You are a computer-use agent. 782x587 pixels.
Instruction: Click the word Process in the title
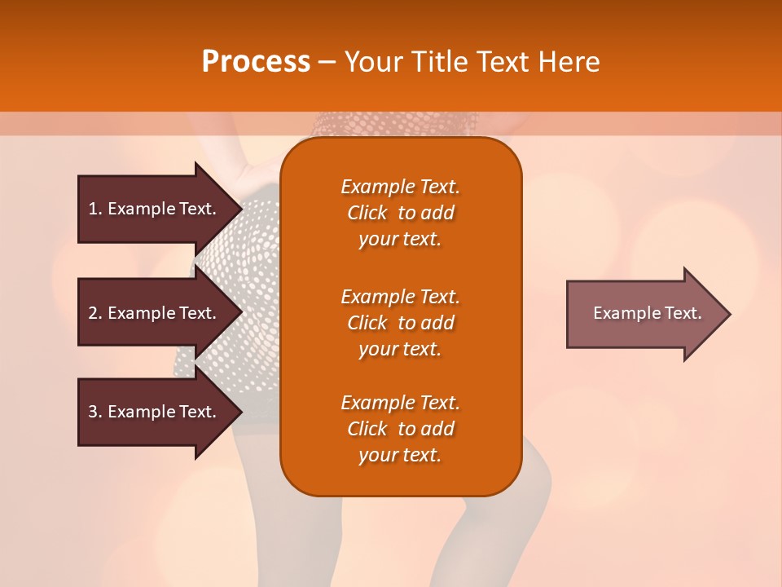(256, 62)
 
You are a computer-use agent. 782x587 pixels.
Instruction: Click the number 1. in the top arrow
(95, 209)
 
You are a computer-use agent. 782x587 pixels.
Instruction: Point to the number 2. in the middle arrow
(95, 313)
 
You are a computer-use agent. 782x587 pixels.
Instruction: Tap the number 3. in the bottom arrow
(95, 412)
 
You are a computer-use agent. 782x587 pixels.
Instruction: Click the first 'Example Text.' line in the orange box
(400, 187)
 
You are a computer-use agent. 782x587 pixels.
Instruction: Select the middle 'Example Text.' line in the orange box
(400, 296)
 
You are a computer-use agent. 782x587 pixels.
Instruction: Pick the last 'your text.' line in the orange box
(400, 456)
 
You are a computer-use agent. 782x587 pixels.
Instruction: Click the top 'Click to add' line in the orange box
(400, 213)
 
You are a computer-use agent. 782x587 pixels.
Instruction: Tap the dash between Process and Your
(327, 62)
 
